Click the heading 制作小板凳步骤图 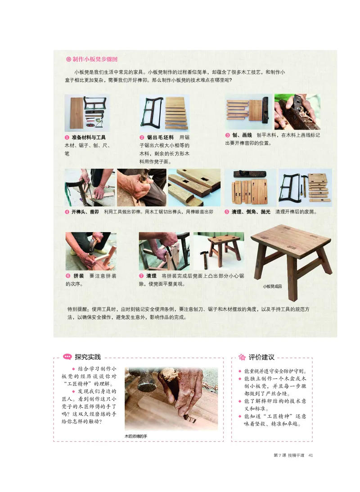[94, 59]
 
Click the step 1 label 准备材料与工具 [89, 137]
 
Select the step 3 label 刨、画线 [242, 135]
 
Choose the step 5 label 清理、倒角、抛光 [251, 212]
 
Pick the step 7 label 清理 [151, 276]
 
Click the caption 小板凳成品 [272, 286]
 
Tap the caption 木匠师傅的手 [136, 436]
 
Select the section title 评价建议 [261, 357]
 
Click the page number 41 [310, 455]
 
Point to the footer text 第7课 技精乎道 [289, 455]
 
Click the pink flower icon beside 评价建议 [242, 357]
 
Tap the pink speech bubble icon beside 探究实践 [67, 357]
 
